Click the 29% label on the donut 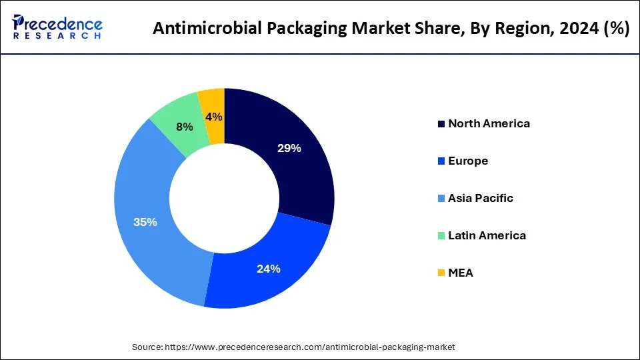(x=289, y=148)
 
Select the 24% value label (x=269, y=269)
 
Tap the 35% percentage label (x=145, y=222)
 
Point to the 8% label (x=185, y=127)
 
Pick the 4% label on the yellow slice (x=214, y=117)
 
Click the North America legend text (x=489, y=123)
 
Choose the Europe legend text (x=468, y=161)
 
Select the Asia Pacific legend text (x=481, y=198)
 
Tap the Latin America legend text (x=487, y=235)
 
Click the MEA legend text (x=461, y=273)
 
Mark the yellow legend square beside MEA (x=441, y=273)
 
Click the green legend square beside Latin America (x=441, y=236)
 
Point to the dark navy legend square (x=441, y=124)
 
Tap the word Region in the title (x=513, y=29)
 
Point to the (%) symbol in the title (x=614, y=29)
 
